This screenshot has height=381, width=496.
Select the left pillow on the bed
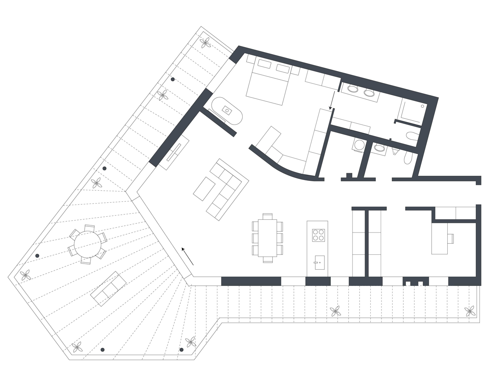[265, 64]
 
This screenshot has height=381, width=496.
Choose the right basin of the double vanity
[369, 93]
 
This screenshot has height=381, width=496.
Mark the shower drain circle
[422, 106]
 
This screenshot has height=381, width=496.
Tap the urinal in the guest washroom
[395, 151]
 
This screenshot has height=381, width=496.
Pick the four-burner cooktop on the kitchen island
[318, 235]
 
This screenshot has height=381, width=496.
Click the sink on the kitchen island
[320, 262]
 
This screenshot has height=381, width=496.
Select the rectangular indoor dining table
[268, 238]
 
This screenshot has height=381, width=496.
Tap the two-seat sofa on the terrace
[108, 289]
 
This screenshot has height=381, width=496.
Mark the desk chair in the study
[451, 238]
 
